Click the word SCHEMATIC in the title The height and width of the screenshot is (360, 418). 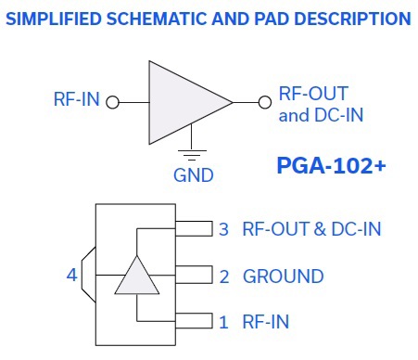pos(157,19)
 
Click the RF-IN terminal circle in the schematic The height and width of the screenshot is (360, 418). pos(112,102)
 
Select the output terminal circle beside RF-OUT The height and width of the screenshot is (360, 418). pos(265,102)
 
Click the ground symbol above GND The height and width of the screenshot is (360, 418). pos(192,155)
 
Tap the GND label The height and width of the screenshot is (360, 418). pos(194,175)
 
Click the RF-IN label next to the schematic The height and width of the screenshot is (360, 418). pos(77,99)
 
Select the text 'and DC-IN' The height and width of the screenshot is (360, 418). pos(321,115)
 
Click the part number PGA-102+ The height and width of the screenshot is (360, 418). pos(332,165)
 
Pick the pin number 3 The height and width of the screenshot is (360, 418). pos(223,229)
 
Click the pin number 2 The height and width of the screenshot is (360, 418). pos(224,276)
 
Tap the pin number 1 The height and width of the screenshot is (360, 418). pos(223,322)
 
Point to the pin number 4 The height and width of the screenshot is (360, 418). pos(71,275)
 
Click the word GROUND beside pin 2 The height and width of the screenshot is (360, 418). pos(284,276)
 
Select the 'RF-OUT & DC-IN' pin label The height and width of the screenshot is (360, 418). pos(312,229)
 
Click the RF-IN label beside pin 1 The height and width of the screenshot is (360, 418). pos(266,322)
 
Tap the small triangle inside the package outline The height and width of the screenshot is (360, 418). pos(137,278)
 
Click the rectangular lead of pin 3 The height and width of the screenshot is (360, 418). pos(194,228)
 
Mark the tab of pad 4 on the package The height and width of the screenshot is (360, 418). pos(89,275)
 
